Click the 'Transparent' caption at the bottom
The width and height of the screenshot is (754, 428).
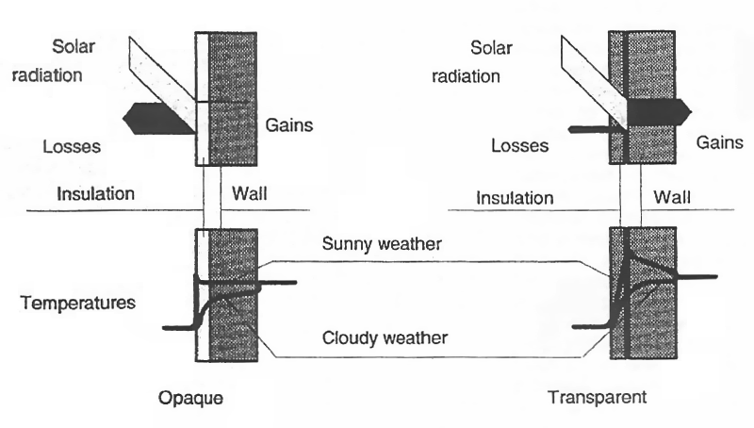[598, 397]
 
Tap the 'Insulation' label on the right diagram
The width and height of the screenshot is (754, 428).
[514, 197]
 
